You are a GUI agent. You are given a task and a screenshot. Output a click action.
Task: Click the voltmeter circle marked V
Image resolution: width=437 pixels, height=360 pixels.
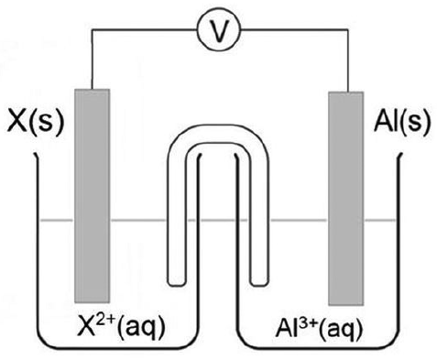(219, 29)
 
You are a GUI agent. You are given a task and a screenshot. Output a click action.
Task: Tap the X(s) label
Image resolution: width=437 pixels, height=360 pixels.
(36, 122)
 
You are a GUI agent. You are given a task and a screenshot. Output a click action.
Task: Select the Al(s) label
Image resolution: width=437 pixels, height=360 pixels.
(402, 122)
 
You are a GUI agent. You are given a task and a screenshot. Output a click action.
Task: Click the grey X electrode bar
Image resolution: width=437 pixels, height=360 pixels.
(92, 196)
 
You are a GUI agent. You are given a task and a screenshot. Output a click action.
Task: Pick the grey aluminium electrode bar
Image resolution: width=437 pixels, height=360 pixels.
(346, 198)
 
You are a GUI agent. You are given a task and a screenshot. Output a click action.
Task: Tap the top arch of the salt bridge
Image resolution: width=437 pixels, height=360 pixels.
(218, 135)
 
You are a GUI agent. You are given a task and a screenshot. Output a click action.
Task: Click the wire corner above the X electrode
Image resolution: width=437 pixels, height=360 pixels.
(92, 29)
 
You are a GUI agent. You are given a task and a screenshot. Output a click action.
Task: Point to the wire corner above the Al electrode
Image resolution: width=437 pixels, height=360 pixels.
(348, 29)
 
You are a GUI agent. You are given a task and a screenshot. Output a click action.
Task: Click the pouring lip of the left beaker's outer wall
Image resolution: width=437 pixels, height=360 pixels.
(36, 155)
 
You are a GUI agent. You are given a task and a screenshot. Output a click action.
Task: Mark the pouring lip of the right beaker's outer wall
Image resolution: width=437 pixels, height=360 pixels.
(400, 155)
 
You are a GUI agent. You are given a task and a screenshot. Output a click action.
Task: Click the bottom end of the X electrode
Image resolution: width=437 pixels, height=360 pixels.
(92, 302)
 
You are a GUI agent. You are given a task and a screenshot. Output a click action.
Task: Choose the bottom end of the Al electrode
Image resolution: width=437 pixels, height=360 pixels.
(346, 305)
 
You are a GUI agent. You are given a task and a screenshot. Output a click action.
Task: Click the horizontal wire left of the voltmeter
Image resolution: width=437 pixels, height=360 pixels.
(145, 29)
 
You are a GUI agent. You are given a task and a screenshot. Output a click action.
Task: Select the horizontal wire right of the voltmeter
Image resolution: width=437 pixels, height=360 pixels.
(294, 29)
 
